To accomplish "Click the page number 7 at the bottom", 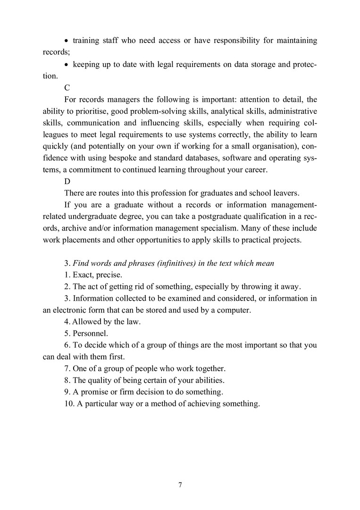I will (x=180, y=485).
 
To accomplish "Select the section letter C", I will (x=67, y=87).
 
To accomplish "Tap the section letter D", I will (x=67, y=181).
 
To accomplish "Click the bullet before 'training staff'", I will (x=67, y=41).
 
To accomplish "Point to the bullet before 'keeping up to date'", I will (x=67, y=64).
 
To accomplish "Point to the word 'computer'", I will (x=235, y=310).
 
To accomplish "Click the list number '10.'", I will (x=69, y=404).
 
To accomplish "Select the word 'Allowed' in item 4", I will (x=86, y=322).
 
